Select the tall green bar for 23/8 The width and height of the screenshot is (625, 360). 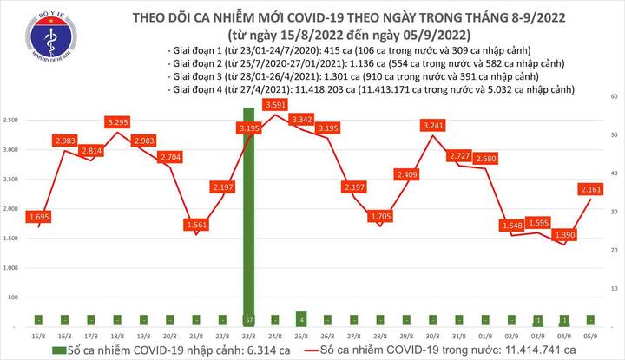coord(249,217)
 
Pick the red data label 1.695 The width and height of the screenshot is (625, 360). coord(37,215)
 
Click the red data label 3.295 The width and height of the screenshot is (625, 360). coord(117,122)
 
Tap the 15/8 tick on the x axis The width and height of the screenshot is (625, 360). coord(38,336)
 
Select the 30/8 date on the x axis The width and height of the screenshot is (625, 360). coord(431,336)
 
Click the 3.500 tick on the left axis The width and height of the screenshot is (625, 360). coord(13,120)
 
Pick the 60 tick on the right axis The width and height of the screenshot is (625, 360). coord(613,95)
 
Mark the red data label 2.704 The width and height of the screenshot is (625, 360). coord(170,158)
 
